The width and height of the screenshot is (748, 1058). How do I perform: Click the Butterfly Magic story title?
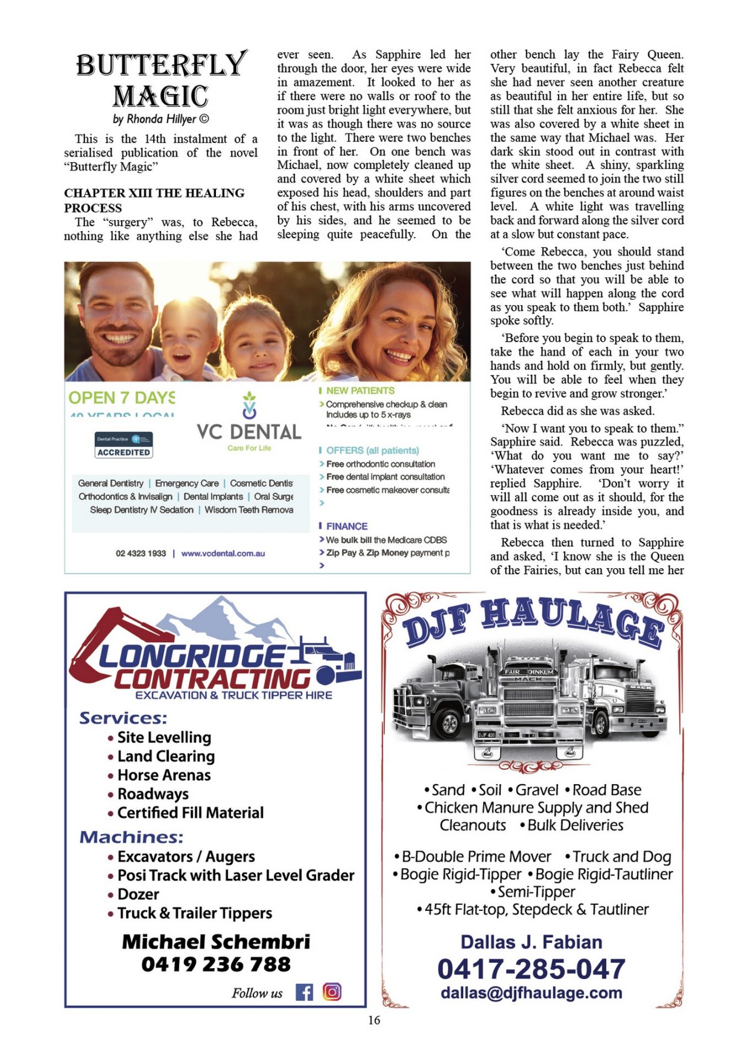tap(161, 80)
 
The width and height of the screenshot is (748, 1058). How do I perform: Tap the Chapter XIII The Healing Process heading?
tap(154, 200)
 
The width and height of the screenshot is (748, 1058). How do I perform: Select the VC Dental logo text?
tap(249, 431)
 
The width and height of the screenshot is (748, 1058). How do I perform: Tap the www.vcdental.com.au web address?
tap(223, 553)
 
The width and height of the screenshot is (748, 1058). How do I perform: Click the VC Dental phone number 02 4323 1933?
tap(140, 553)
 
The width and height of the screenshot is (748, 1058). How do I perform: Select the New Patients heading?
tap(360, 391)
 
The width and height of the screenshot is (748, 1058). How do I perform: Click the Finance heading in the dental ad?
tap(346, 526)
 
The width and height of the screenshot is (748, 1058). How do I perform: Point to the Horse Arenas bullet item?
tap(164, 775)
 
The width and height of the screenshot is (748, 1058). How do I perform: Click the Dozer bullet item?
tap(138, 894)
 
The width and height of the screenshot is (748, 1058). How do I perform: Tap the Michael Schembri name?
tap(216, 942)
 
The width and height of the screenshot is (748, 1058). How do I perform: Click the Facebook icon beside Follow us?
tap(304, 992)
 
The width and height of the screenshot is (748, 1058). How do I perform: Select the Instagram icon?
tap(332, 992)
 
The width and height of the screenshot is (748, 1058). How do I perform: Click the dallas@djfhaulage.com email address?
tap(532, 993)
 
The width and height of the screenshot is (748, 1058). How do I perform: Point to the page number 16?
tap(374, 1021)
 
